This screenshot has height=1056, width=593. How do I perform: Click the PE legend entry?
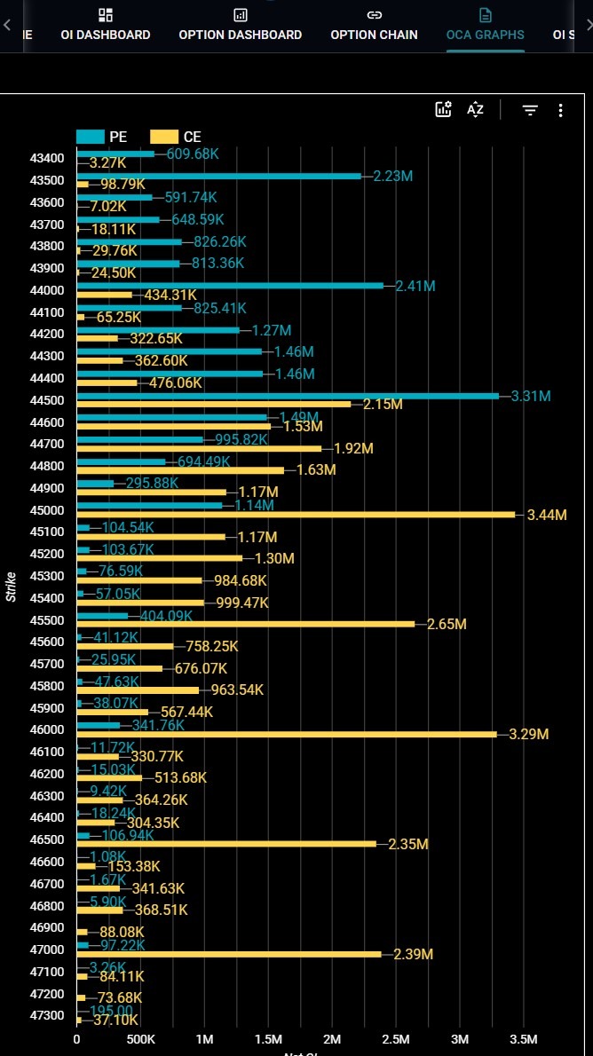tap(102, 137)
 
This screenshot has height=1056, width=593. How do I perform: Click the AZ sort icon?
tap(475, 110)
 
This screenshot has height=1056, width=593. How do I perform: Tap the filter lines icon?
tap(530, 110)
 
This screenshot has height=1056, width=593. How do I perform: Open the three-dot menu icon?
tap(560, 110)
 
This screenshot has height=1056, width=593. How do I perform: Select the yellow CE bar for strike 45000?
tap(296, 515)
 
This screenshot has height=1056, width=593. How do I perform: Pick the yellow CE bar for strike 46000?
tap(287, 734)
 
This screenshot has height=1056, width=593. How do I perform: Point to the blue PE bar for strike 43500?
tap(219, 176)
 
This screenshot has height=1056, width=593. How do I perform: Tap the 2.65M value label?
tap(447, 625)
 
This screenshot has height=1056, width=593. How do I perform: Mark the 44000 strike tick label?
tap(46, 290)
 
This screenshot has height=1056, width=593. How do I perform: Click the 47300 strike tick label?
tap(46, 1015)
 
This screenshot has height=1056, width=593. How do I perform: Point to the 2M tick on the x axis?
tap(332, 1039)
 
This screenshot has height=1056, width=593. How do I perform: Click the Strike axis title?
tap(11, 587)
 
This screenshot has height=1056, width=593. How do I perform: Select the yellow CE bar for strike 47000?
tap(229, 954)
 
